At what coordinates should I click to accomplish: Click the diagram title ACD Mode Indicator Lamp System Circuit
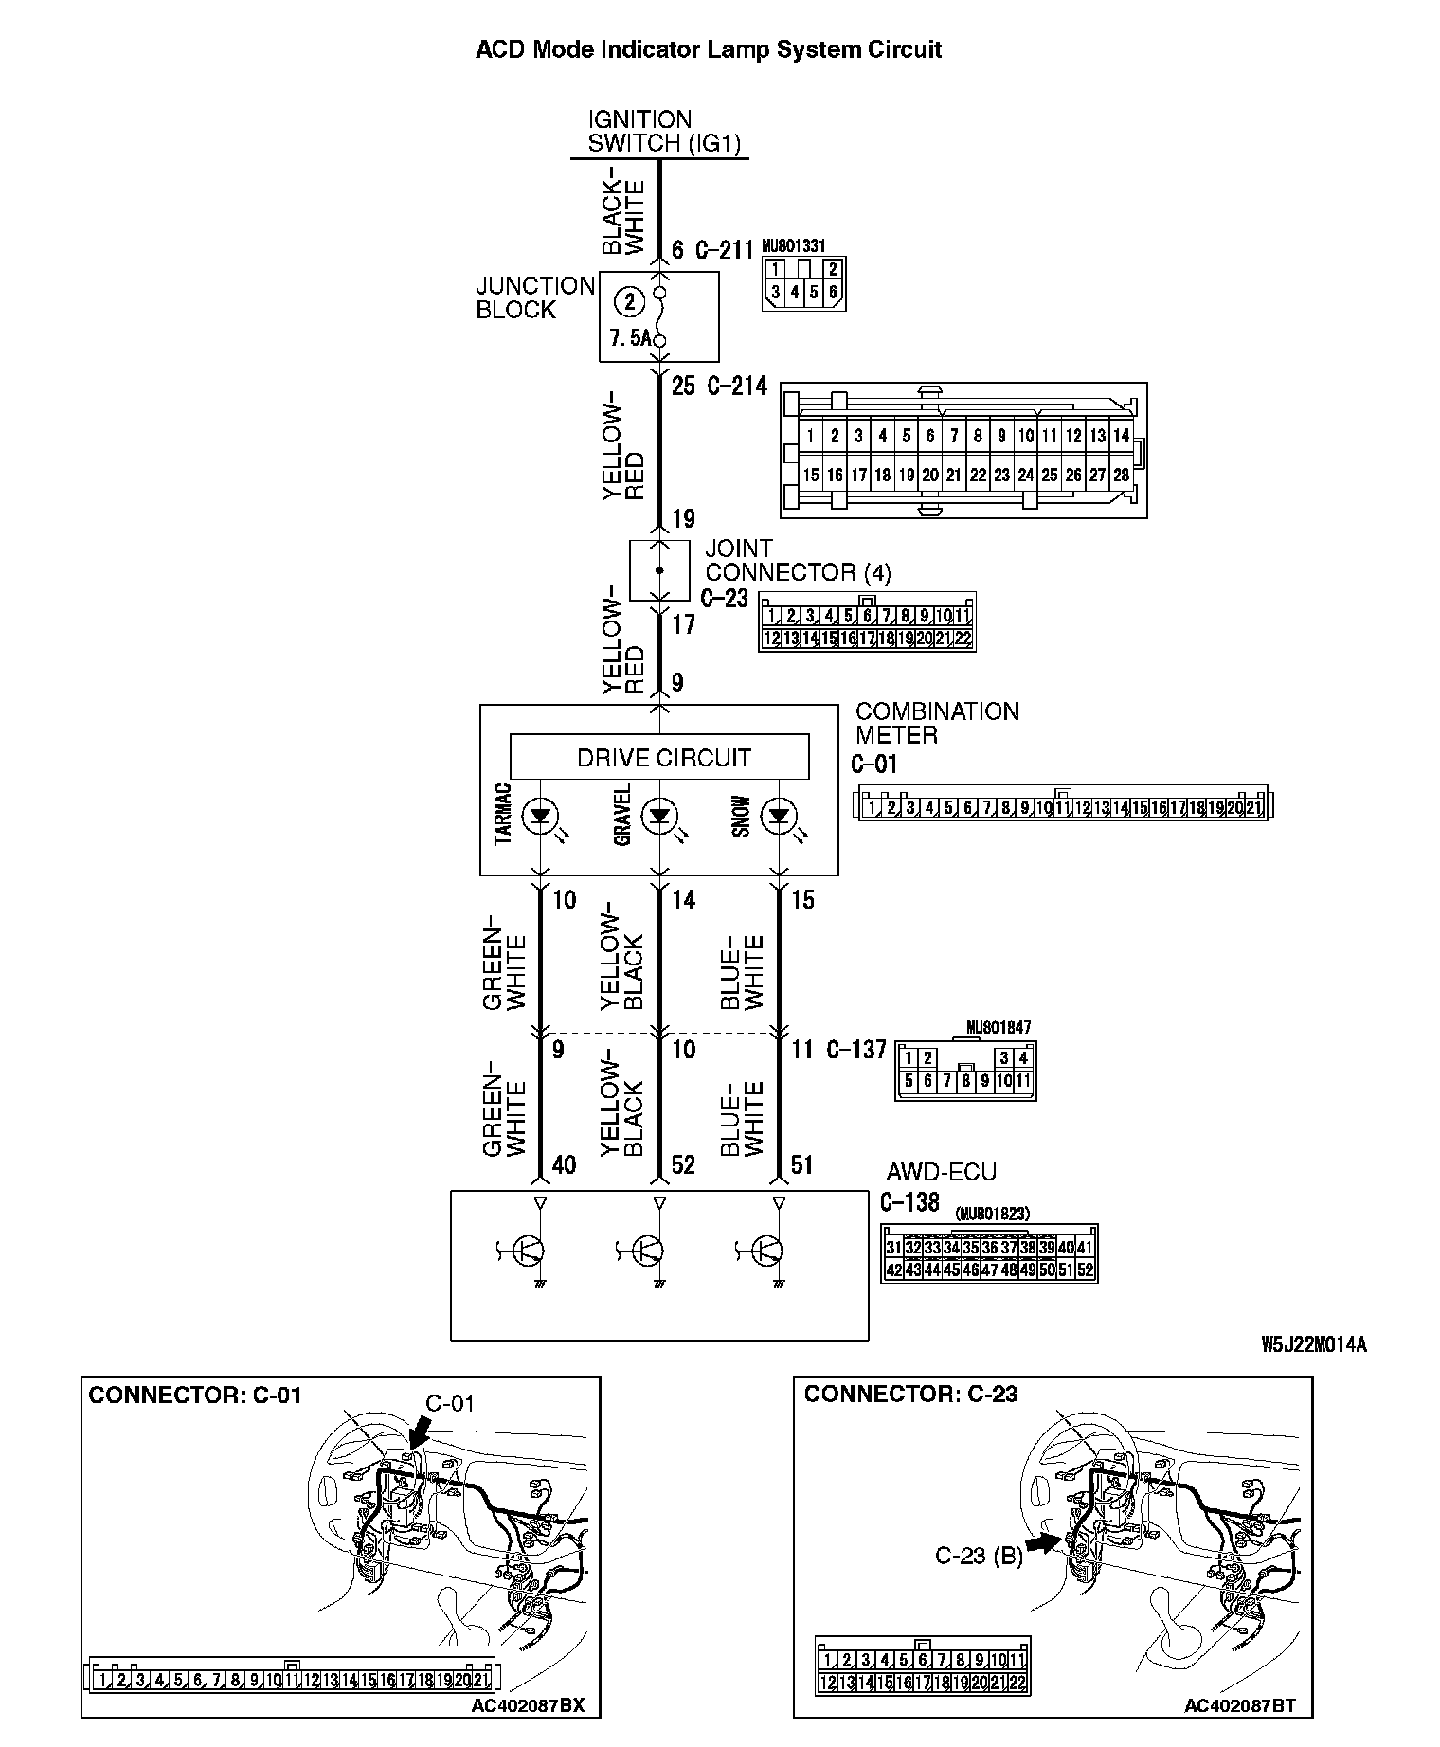(x=708, y=49)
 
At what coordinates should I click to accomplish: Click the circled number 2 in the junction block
(x=628, y=301)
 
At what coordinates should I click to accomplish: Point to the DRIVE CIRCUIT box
(x=659, y=757)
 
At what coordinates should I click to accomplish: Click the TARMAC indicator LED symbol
(x=541, y=815)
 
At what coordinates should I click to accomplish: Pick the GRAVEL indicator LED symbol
(x=659, y=815)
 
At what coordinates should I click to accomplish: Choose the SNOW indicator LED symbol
(x=779, y=815)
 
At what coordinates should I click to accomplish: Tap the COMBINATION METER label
(x=936, y=723)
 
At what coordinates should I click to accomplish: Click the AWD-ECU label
(x=941, y=1172)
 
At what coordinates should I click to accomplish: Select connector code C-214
(x=736, y=386)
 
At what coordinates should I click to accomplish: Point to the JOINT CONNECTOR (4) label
(x=797, y=561)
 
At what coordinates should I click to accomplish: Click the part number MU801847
(x=999, y=1027)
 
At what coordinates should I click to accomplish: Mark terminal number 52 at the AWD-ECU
(x=683, y=1164)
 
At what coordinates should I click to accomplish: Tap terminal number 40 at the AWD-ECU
(x=564, y=1164)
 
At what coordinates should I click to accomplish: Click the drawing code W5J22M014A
(x=1313, y=1344)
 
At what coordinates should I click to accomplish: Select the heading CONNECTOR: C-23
(x=910, y=1394)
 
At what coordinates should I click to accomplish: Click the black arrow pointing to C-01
(x=416, y=1436)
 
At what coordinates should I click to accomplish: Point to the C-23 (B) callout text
(x=979, y=1556)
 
